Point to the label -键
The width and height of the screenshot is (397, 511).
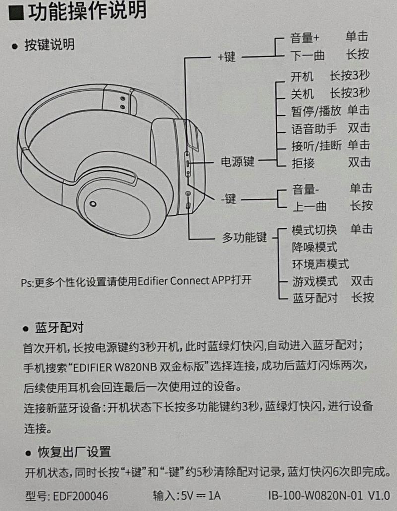coord(228,199)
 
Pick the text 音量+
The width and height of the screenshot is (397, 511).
coord(305,37)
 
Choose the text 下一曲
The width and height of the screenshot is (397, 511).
coord(308,55)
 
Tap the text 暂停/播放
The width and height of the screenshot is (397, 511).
coord(317,110)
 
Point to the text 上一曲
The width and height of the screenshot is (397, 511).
coord(308,206)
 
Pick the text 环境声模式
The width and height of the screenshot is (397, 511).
coord(320,263)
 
